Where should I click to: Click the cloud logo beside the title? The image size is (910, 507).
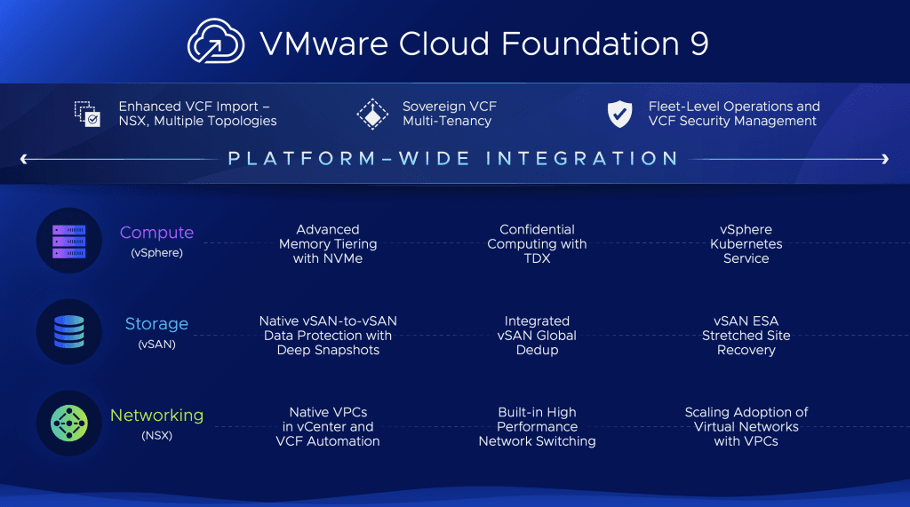click(216, 41)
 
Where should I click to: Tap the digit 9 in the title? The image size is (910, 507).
click(699, 44)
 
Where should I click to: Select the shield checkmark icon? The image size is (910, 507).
click(619, 113)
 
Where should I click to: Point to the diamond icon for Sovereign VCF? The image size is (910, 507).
click(372, 114)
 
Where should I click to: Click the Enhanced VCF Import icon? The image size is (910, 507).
click(87, 114)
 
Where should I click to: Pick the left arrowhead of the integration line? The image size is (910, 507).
click(24, 158)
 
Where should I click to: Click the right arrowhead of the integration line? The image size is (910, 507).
click(885, 158)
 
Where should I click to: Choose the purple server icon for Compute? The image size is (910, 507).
click(69, 242)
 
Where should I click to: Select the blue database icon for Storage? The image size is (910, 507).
click(69, 332)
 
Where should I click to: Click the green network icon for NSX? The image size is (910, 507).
click(69, 423)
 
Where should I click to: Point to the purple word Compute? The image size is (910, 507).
click(156, 233)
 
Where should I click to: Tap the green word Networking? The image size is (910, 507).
click(156, 416)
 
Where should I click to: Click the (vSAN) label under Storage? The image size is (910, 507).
click(156, 344)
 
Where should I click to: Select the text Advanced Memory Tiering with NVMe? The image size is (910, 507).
click(328, 244)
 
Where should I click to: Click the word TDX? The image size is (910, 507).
click(537, 258)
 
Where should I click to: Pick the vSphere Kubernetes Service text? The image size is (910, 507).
click(746, 244)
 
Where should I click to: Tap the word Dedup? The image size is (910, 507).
click(537, 351)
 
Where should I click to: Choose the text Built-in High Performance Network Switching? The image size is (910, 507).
click(537, 427)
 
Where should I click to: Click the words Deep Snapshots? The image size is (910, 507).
click(328, 351)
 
